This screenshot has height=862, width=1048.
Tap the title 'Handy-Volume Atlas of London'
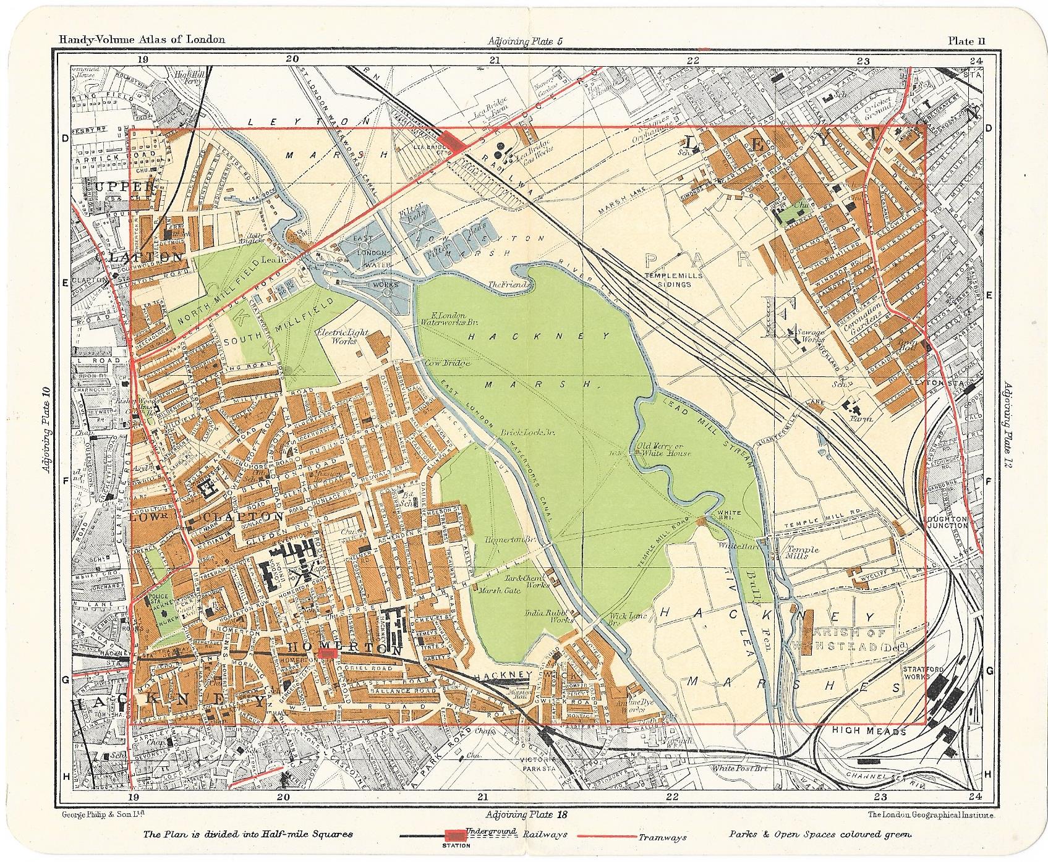(142, 40)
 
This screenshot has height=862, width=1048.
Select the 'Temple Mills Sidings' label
(673, 279)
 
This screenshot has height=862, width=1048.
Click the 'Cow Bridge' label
(448, 364)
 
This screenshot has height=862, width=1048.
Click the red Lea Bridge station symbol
(454, 142)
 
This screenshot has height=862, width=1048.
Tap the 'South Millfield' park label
(252, 341)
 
